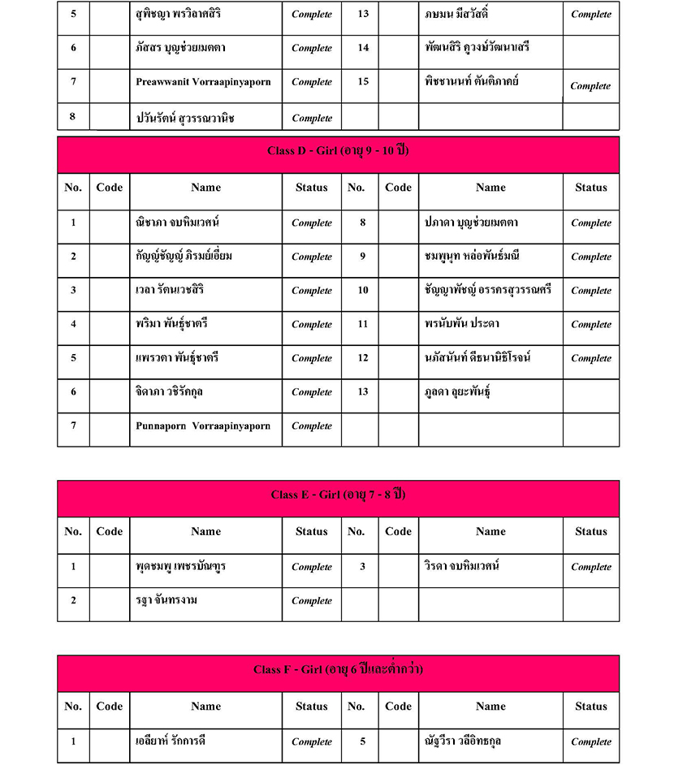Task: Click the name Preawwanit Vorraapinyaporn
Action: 203,82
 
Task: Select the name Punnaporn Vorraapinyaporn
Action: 203,426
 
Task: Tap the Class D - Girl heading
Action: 338,152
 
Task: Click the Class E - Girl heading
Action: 338,495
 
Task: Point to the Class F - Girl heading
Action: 338,670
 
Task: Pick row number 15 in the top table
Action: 363,82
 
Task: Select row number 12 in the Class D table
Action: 363,358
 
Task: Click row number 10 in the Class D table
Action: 363,290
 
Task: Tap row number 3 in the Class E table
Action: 363,567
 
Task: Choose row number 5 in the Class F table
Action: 363,741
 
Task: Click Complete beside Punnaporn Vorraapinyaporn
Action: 312,426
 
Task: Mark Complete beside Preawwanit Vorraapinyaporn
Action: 312,82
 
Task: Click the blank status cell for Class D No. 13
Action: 590,392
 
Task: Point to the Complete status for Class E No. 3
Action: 590,568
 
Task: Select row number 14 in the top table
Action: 363,48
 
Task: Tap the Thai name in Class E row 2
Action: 167,600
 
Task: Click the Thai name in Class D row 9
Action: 472,256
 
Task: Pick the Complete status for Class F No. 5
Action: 590,742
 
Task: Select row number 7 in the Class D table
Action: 73,426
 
